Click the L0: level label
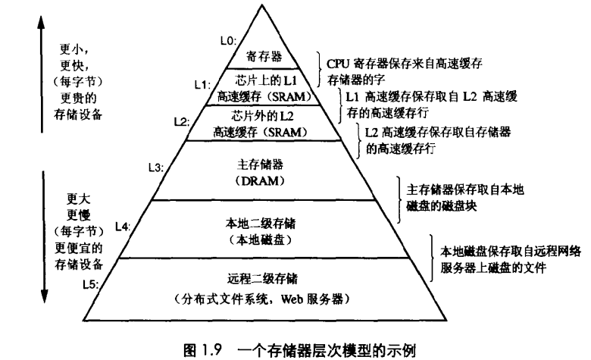point(228,41)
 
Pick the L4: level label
point(124,226)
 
